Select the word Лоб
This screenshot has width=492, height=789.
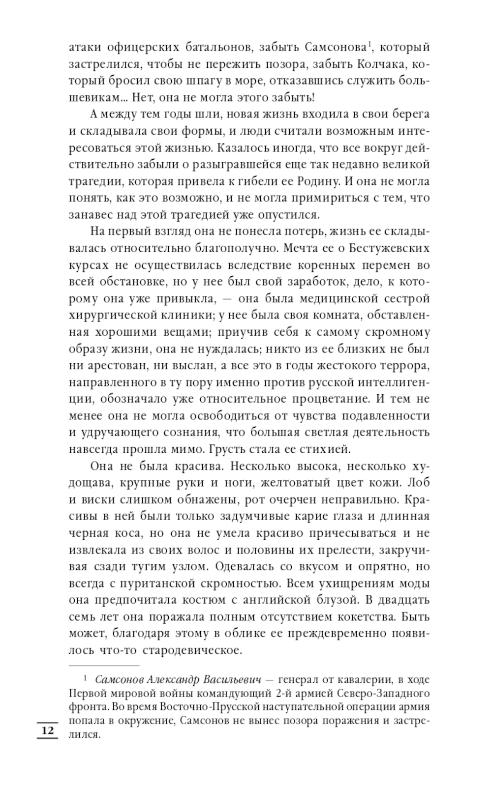click(419, 482)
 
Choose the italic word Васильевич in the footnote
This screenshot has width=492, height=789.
click(232, 680)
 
